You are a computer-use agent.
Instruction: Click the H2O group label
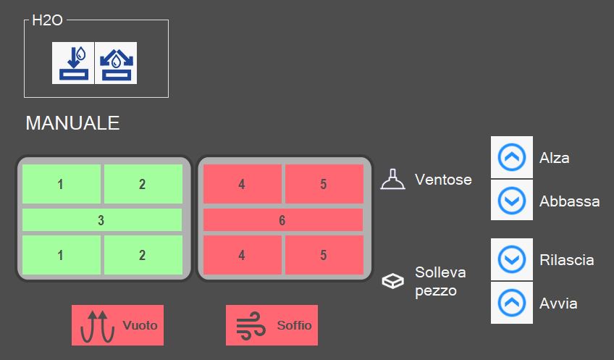pos(47,20)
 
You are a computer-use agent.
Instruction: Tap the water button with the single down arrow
pos(73,63)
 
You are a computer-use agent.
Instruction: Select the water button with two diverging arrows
pos(116,63)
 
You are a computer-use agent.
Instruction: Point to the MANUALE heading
pos(72,123)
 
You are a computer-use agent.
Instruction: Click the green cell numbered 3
pos(102,219)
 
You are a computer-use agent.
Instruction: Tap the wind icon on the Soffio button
pos(251,325)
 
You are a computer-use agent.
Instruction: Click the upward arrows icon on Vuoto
pos(98,326)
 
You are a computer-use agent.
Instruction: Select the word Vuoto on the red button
pos(140,325)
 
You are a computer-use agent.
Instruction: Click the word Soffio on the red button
pos(294,325)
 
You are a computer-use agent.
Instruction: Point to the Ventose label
pos(443,180)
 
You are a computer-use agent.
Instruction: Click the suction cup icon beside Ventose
pos(392,180)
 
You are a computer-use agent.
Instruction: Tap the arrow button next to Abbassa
pos(512,201)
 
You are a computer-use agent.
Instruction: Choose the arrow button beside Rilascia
pos(512,259)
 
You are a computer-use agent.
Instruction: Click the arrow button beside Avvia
pos(512,303)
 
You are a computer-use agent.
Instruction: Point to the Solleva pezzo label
pos(440,281)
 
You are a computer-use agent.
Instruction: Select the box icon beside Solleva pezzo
pos(392,281)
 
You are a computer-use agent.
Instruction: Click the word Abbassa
pos(569,201)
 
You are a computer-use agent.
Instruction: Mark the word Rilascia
pos(567,260)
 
